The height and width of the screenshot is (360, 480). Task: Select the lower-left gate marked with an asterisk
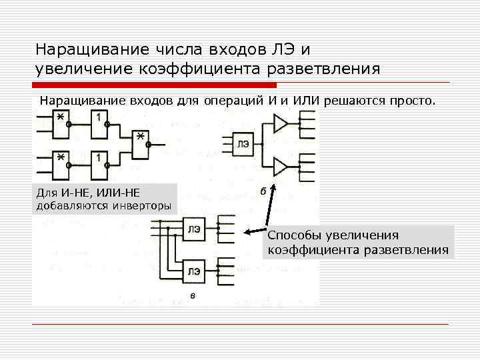click(60, 164)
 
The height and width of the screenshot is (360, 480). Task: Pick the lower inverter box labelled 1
click(99, 164)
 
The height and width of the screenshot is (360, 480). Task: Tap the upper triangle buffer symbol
click(281, 123)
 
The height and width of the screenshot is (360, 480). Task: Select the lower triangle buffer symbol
click(281, 165)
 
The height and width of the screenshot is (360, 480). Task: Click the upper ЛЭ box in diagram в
click(195, 229)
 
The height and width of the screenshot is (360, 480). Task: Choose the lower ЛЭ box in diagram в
click(195, 271)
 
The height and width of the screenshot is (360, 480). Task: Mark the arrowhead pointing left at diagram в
click(247, 232)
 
